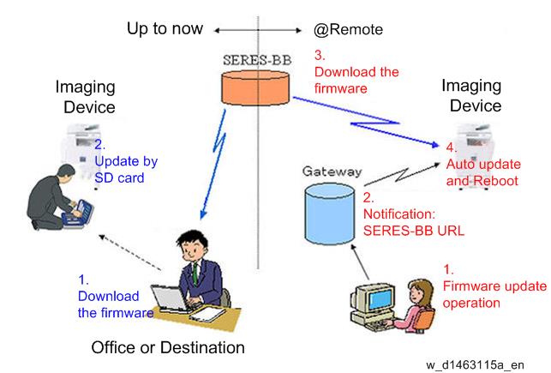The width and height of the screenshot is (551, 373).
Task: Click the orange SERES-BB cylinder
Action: coord(255,87)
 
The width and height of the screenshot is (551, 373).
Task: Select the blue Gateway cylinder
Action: coord(330,214)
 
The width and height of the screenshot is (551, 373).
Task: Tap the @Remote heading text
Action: coord(348,29)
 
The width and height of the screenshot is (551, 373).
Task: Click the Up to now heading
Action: coord(165,28)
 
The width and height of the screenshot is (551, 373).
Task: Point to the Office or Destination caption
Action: coord(168,347)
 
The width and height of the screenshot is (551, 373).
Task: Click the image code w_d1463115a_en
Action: coord(475,365)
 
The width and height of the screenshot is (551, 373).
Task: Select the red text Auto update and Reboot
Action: coord(483,172)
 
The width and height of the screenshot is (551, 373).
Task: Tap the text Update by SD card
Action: coord(126,170)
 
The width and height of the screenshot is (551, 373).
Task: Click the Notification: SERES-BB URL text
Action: coord(414,222)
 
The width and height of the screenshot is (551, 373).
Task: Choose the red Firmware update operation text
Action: coord(494,295)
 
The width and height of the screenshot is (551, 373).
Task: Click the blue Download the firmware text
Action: coord(116,304)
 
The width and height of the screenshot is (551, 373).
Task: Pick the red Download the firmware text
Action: coord(356,80)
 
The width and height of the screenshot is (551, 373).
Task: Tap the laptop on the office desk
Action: coord(171,298)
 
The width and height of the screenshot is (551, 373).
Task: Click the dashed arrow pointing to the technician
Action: coord(129,252)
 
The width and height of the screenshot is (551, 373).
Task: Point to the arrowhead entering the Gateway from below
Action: coord(354,248)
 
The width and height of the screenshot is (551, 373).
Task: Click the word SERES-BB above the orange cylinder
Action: coord(257,60)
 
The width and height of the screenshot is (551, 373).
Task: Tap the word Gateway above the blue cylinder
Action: coord(332,171)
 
